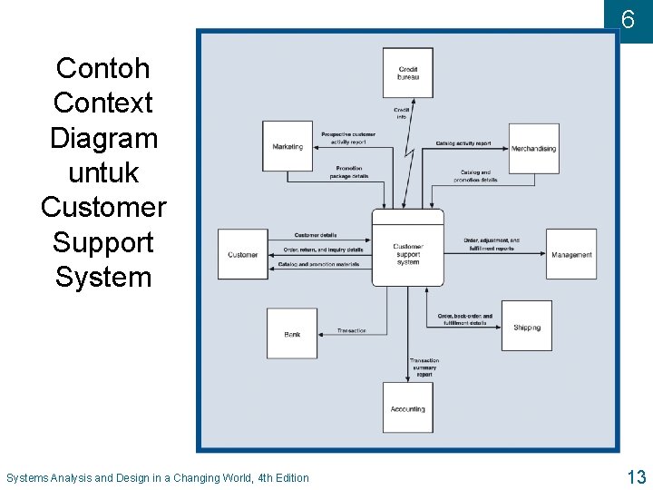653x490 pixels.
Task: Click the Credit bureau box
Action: pyautogui.click(x=408, y=73)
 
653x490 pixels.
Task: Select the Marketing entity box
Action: pyautogui.click(x=288, y=146)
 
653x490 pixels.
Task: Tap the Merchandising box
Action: pyautogui.click(x=533, y=148)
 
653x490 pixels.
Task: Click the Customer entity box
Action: pyautogui.click(x=242, y=254)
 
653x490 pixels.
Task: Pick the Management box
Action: pyautogui.click(x=571, y=254)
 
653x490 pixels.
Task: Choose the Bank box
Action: pyautogui.click(x=292, y=334)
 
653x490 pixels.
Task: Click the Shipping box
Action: pyautogui.click(x=527, y=327)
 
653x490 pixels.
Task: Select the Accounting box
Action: pyautogui.click(x=408, y=408)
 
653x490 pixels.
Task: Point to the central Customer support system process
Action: pyautogui.click(x=408, y=248)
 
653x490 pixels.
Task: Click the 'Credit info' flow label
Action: pyautogui.click(x=402, y=113)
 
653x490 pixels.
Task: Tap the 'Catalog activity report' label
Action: pyautogui.click(x=463, y=143)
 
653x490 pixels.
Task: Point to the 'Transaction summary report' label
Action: pyautogui.click(x=424, y=367)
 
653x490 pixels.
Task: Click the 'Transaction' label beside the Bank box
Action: pyautogui.click(x=352, y=330)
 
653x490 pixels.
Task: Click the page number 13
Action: pyautogui.click(x=636, y=477)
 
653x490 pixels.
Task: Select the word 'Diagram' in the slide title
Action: pyautogui.click(x=103, y=138)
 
